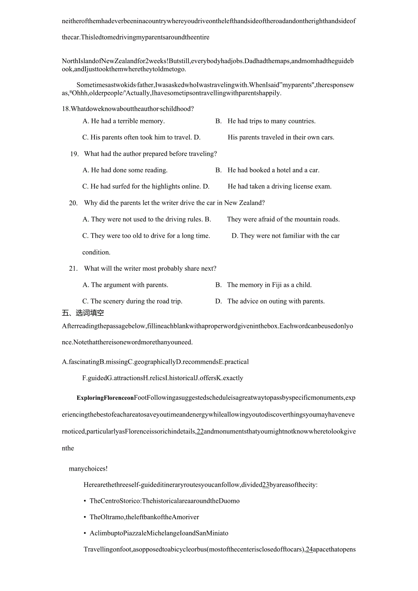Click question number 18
66,109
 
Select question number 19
75,154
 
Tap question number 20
74,203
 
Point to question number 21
74,268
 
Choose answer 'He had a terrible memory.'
123,121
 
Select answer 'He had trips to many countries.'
271,121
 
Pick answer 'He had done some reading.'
124,170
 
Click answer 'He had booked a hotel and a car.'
273,170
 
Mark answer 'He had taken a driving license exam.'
279,187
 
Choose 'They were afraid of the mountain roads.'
283,219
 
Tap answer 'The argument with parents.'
125,285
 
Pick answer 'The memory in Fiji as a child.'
269,285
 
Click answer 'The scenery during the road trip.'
132,301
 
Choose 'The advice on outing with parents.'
276,301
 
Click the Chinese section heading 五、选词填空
83,313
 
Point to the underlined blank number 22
200,432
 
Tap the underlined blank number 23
266,485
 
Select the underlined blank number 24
309,550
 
